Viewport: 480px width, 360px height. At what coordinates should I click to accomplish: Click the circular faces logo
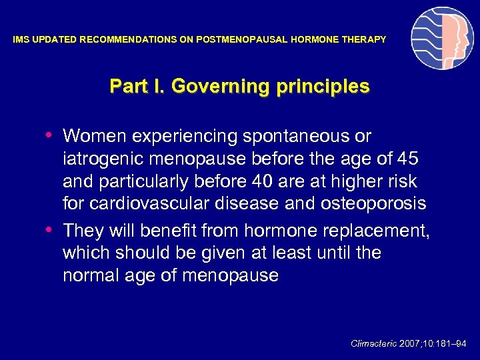tap(442, 39)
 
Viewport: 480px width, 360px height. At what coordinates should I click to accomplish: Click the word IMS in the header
tap(21, 40)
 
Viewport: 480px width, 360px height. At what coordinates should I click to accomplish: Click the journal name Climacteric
tap(373, 343)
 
